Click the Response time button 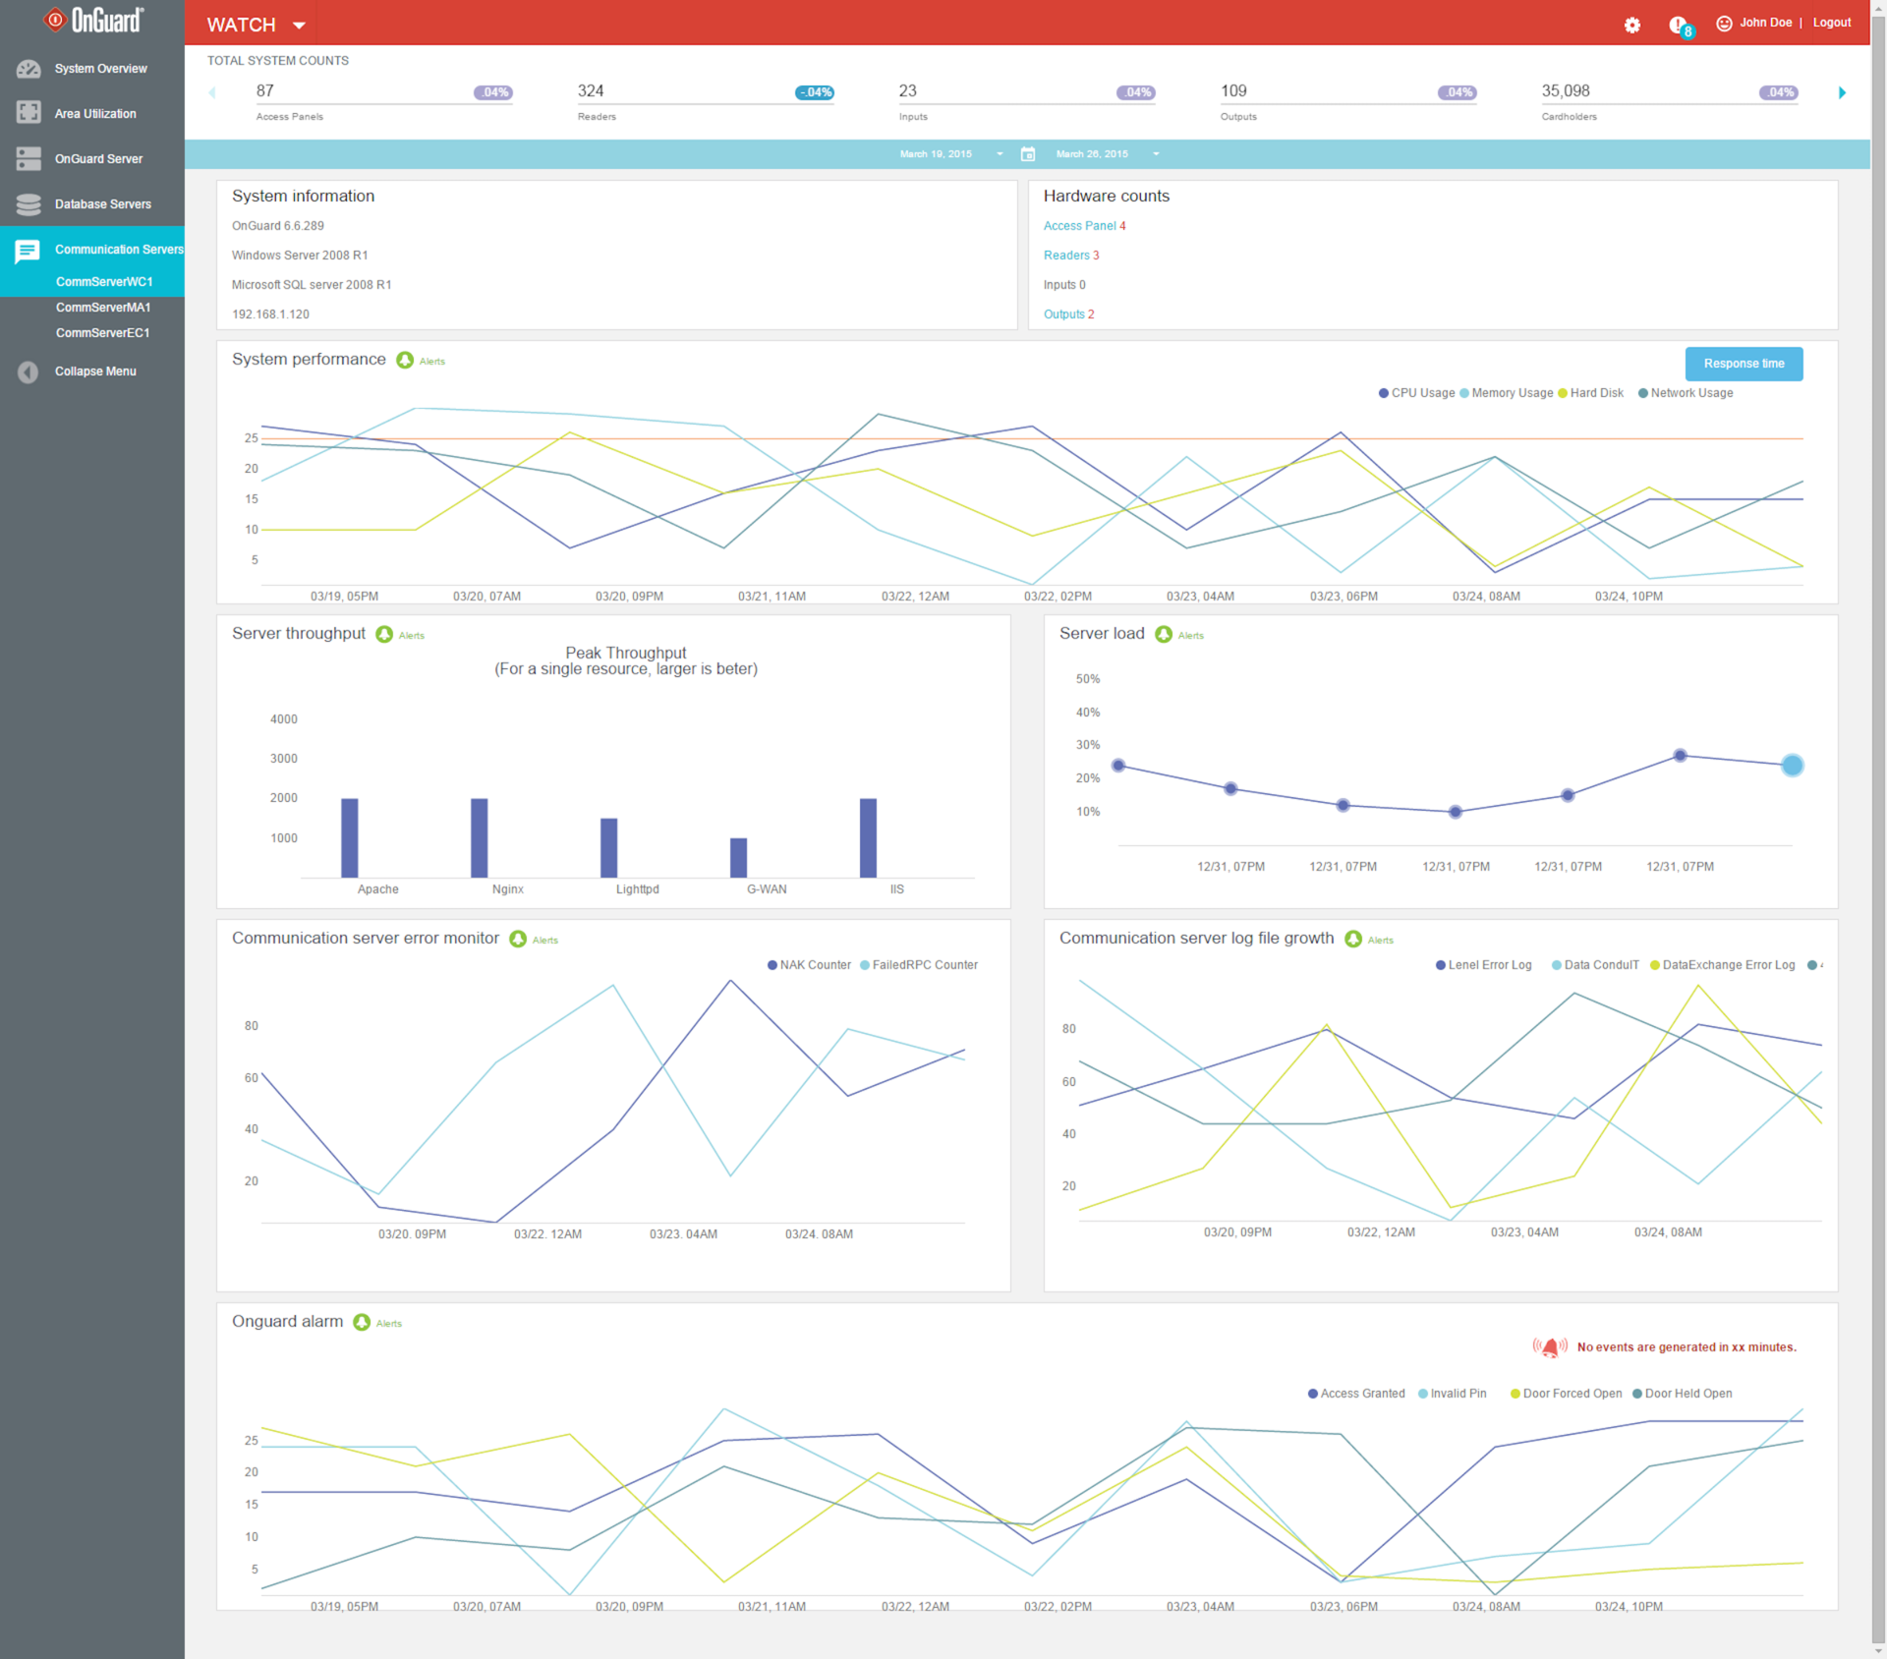[1744, 364]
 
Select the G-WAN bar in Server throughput [738, 857]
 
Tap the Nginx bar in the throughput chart [479, 837]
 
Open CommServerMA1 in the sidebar [103, 308]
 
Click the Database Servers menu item [102, 204]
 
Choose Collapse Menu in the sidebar [94, 372]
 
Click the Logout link [1831, 23]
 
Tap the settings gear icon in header [1631, 25]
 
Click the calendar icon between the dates [1028, 154]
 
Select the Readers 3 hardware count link [1071, 256]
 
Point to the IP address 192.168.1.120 [270, 315]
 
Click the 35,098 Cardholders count [1566, 91]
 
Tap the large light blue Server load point [1792, 766]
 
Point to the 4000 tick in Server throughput [284, 719]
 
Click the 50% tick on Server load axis [1088, 679]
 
